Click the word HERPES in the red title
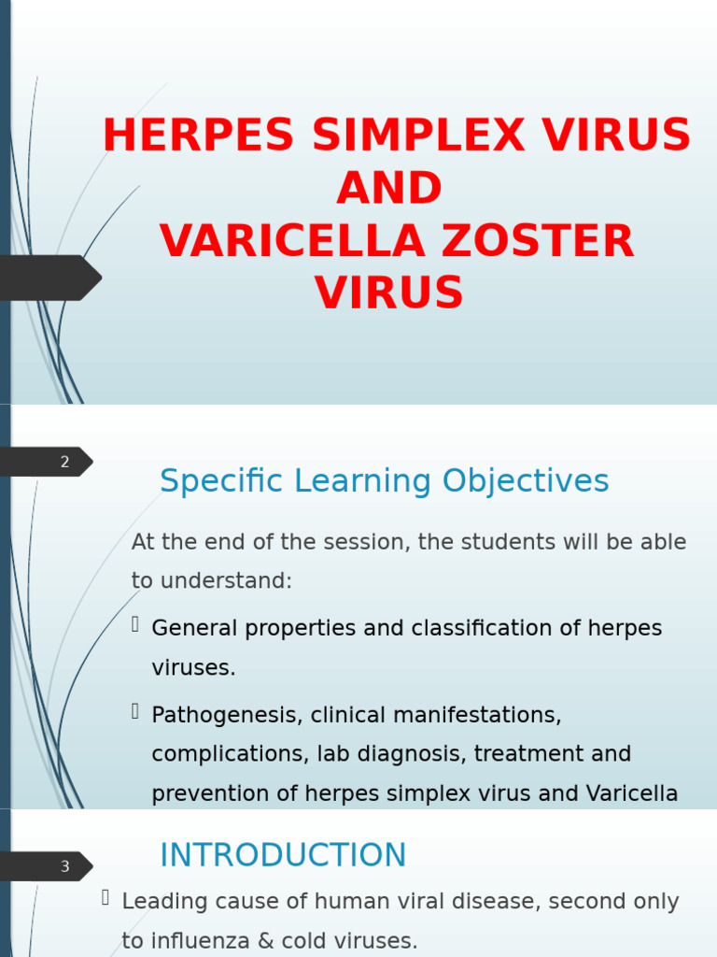pyautogui.click(x=197, y=136)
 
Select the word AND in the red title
pyautogui.click(x=389, y=190)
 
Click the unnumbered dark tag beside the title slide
pyautogui.click(x=47, y=278)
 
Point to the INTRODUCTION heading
pyautogui.click(x=283, y=855)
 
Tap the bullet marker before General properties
pyautogui.click(x=136, y=624)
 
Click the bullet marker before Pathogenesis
pyautogui.click(x=136, y=711)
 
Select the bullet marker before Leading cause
pyautogui.click(x=106, y=898)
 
